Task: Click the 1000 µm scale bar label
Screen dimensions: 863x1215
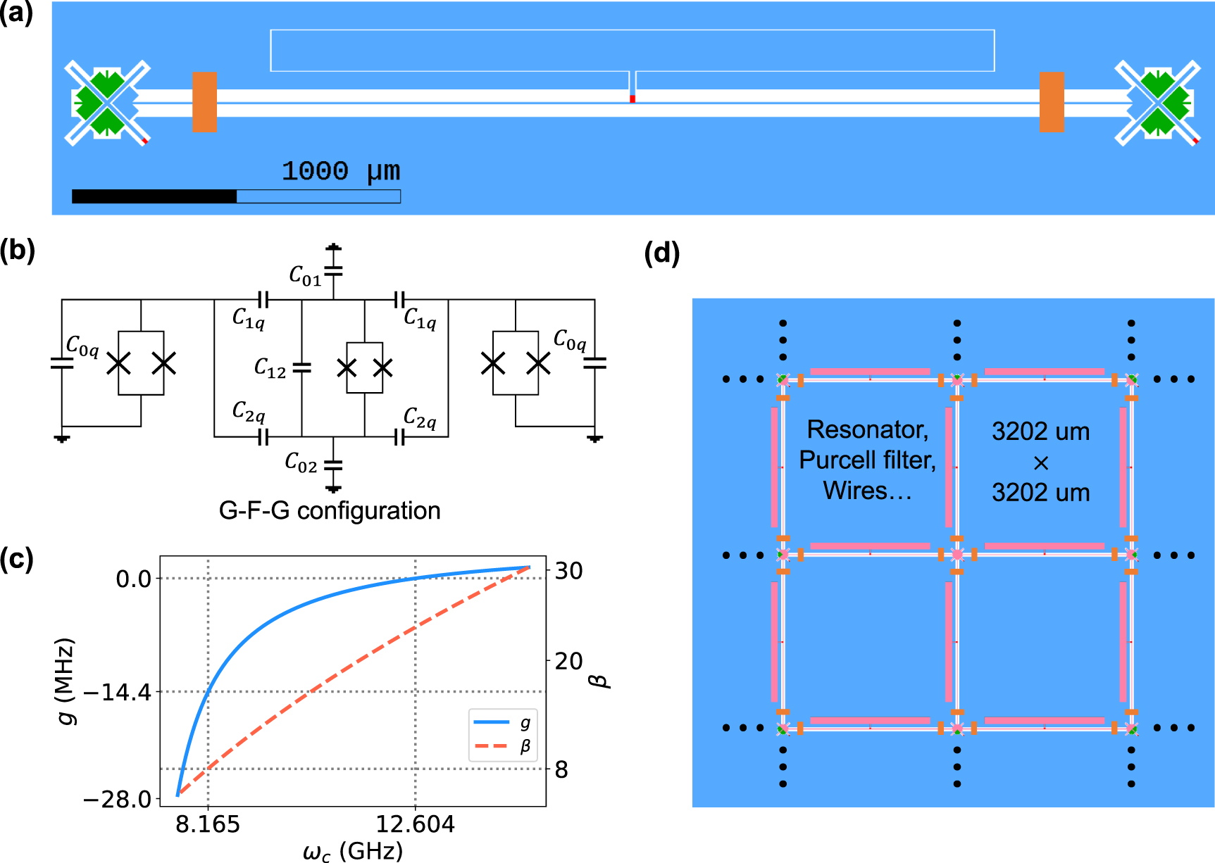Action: [341, 171]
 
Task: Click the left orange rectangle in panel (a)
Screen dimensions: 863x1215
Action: [204, 101]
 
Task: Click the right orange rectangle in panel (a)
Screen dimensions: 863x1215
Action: [1052, 101]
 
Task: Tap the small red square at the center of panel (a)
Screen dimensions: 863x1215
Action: [633, 99]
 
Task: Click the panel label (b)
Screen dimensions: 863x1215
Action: [17, 250]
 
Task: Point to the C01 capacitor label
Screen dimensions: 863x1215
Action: [305, 276]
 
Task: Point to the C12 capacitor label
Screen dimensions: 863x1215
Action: [270, 367]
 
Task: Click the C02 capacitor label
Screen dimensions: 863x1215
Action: [301, 462]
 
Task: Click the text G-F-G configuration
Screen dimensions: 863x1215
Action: [330, 510]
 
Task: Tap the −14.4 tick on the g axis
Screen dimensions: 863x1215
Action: [117, 693]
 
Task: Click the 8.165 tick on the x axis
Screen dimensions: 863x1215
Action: [208, 824]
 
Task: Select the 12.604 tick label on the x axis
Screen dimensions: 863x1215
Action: [415, 824]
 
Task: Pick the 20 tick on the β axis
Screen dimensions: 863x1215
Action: [568, 661]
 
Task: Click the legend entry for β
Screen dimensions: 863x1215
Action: [503, 746]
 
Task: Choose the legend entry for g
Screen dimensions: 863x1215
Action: [503, 722]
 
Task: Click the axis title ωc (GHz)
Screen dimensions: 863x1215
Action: [353, 851]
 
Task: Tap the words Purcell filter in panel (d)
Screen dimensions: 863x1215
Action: [867, 460]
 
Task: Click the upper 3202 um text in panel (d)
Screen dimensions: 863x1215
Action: [1040, 431]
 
